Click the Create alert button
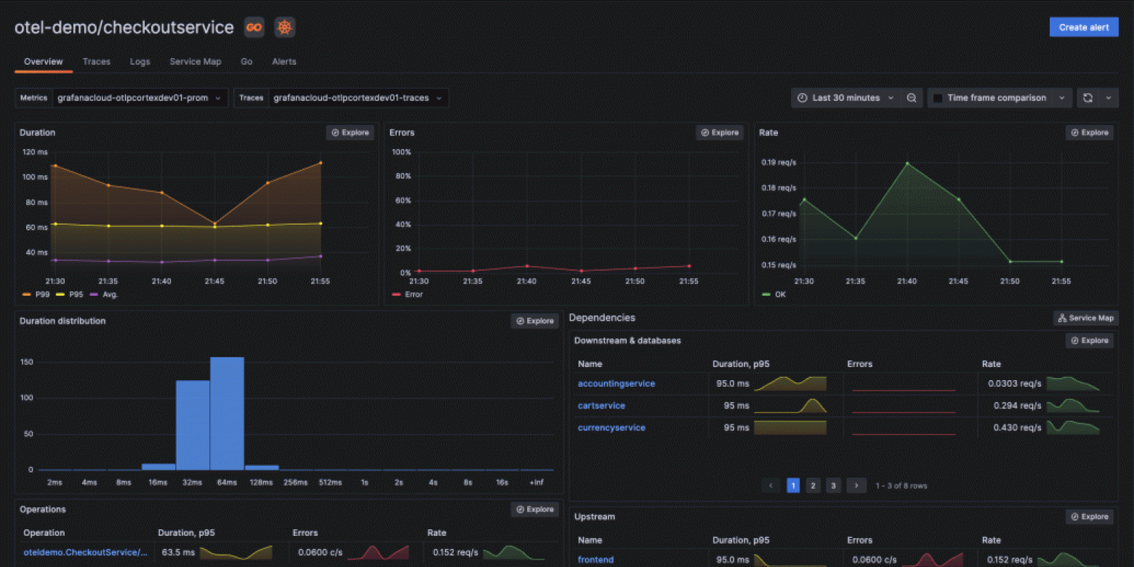(x=1083, y=28)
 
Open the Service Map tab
(x=195, y=62)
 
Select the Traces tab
(x=96, y=62)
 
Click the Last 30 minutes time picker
(x=846, y=98)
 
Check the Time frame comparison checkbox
(x=938, y=98)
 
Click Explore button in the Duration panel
(x=350, y=132)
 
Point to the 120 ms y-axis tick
(x=35, y=152)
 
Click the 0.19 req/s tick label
(x=779, y=162)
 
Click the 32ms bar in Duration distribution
(x=193, y=425)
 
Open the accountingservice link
(x=616, y=383)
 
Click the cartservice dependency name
(x=601, y=406)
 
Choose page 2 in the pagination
(x=813, y=486)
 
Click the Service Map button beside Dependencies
(x=1085, y=318)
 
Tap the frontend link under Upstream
(x=595, y=560)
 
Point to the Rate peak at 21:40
(x=907, y=164)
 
